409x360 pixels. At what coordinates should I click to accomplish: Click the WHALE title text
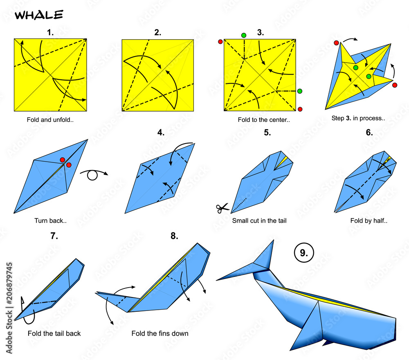pyautogui.click(x=39, y=15)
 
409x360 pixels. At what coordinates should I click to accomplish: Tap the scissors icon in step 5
pyautogui.click(x=222, y=208)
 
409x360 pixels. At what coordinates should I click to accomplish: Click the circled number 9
pyautogui.click(x=304, y=252)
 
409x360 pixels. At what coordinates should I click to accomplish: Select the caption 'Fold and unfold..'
pyautogui.click(x=50, y=120)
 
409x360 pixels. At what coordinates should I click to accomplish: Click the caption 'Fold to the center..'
pyautogui.click(x=264, y=120)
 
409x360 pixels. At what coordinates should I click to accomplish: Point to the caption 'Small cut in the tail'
pyautogui.click(x=259, y=220)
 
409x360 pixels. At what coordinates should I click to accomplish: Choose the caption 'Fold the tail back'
pyautogui.click(x=54, y=333)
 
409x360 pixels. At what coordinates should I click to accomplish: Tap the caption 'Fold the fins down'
pyautogui.click(x=160, y=333)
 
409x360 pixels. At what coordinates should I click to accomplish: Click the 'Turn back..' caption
pyautogui.click(x=51, y=220)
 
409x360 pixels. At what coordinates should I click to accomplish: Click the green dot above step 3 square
pyautogui.click(x=244, y=35)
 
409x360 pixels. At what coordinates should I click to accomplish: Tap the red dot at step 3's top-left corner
pyautogui.click(x=220, y=42)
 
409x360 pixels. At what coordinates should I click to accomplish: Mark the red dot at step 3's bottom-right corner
pyautogui.click(x=300, y=109)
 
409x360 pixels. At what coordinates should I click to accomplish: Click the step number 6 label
pyautogui.click(x=369, y=133)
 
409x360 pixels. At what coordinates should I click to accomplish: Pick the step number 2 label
pyautogui.click(x=157, y=32)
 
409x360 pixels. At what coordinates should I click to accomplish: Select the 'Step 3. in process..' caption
pyautogui.click(x=358, y=118)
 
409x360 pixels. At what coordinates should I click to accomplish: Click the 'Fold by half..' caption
pyautogui.click(x=369, y=220)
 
